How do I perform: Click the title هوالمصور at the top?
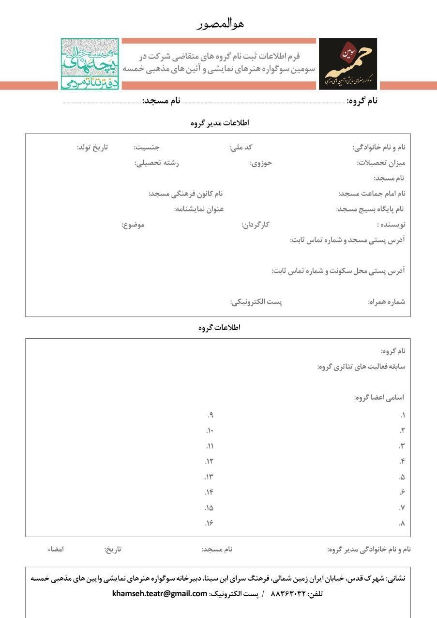[220, 23]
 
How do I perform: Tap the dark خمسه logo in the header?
[347, 64]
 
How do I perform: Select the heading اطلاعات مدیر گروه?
[220, 123]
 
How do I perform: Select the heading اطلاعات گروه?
[219, 328]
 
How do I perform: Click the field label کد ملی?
[241, 147]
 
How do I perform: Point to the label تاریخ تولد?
[92, 147]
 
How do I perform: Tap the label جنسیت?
[147, 147]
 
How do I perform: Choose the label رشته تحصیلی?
[156, 163]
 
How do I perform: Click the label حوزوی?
[261, 163]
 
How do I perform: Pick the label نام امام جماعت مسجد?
[372, 194]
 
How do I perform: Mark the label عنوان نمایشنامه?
[199, 209]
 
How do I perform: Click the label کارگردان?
[256, 225]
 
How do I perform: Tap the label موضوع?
[133, 225]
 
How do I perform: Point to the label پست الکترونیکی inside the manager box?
[256, 302]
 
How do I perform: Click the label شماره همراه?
[387, 302]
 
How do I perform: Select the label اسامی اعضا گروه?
[379, 397]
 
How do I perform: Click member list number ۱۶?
[209, 523]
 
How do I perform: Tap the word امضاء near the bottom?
[56, 549]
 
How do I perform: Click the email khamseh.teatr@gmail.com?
[160, 593]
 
